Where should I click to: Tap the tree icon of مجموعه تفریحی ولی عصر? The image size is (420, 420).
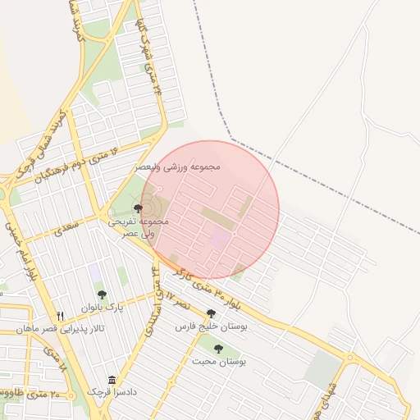(138, 208)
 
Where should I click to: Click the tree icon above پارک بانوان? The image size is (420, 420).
(102, 294)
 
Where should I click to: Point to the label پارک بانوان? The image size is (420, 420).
(102, 307)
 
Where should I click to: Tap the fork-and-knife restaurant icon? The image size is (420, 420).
(60, 316)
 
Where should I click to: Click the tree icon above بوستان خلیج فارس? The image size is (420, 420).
(212, 313)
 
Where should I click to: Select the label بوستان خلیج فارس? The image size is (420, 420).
(212, 326)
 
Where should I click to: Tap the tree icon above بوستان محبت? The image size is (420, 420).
(218, 349)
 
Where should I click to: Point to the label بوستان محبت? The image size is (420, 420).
(219, 361)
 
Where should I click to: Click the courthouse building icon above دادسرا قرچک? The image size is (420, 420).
(112, 379)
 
